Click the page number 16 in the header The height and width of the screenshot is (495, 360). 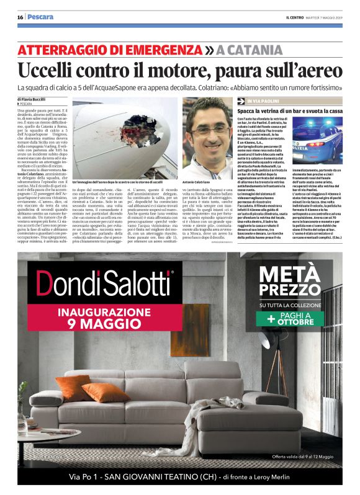(x=20, y=17)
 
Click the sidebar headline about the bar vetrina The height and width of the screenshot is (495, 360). (x=289, y=110)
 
